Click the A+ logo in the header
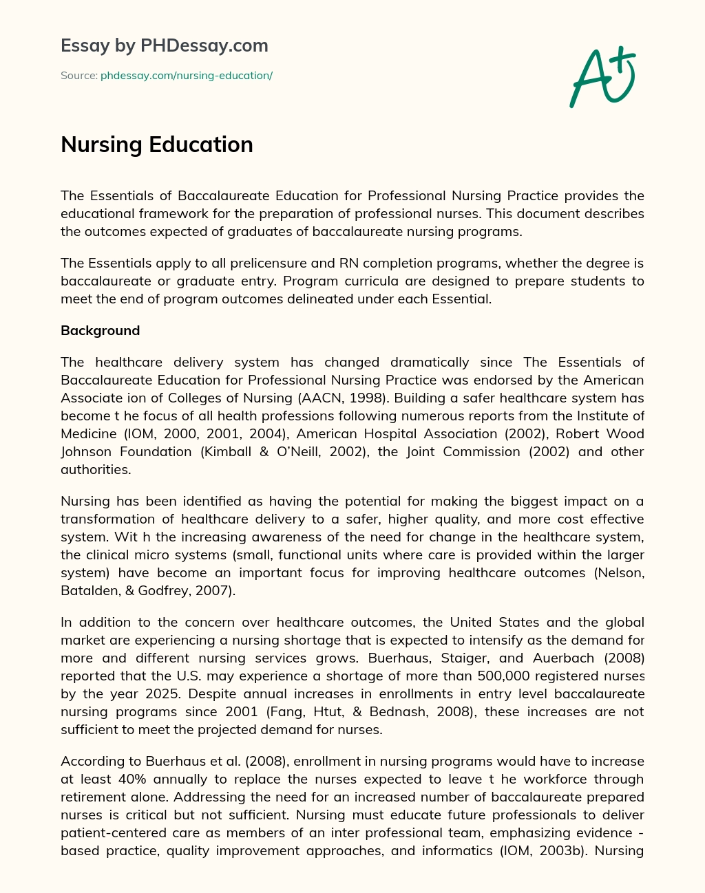coord(602,76)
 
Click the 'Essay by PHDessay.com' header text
coord(165,45)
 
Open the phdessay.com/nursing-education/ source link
coord(187,76)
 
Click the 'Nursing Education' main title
coord(157,144)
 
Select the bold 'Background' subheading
coord(100,330)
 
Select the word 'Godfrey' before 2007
coord(169,590)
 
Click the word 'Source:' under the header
coord(78,76)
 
